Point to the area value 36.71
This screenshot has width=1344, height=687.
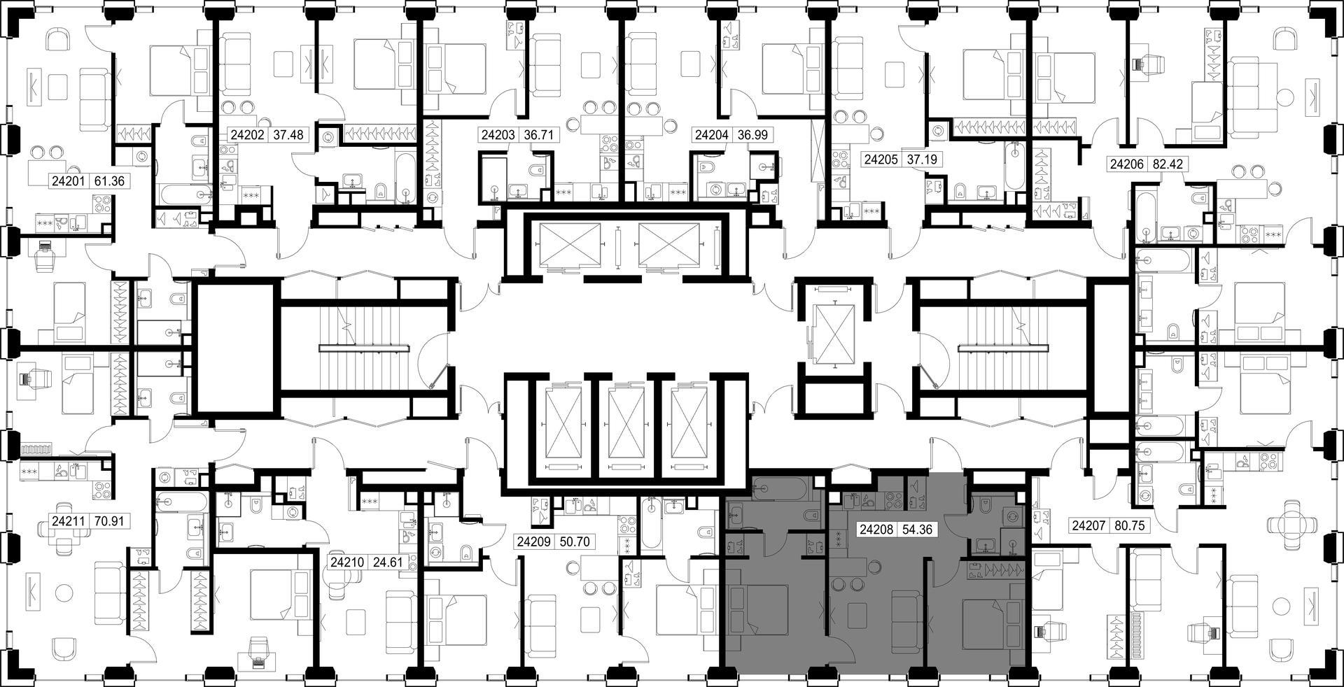point(538,135)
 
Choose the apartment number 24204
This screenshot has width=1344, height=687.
point(711,135)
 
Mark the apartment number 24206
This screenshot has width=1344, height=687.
point(1126,165)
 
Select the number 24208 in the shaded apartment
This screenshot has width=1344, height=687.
point(877,530)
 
